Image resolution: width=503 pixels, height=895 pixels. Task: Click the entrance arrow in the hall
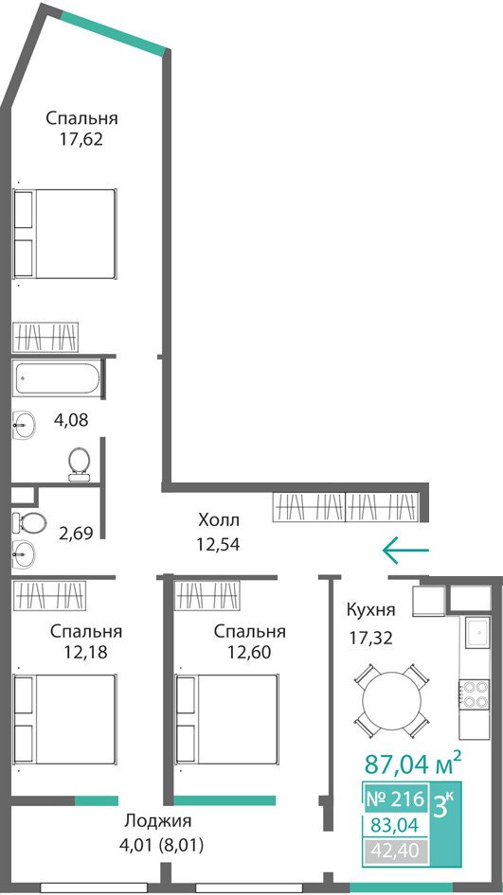coord(405,550)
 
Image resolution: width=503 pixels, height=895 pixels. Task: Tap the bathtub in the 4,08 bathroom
coord(57,377)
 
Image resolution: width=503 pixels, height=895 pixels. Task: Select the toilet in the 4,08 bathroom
coord(79,464)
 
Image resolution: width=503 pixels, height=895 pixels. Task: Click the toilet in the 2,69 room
coord(29,521)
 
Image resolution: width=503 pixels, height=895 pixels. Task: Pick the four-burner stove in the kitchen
coord(475,694)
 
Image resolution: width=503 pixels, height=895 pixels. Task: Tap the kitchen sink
coord(477,632)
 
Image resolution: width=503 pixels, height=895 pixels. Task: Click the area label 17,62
coord(82,139)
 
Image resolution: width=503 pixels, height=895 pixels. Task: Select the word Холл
coord(219,520)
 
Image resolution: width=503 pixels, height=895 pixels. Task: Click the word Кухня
coord(371,609)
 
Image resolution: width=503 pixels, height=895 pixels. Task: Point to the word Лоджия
coord(158,822)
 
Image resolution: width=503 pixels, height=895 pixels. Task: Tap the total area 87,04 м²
coord(413,763)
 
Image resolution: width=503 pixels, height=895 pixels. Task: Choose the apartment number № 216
coord(394,798)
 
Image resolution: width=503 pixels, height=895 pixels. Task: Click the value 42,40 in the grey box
coord(394,851)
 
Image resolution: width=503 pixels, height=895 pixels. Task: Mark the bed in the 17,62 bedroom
coord(65,234)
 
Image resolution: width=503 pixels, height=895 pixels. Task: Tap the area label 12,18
coord(86,652)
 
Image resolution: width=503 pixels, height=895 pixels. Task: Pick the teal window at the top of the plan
coord(112,30)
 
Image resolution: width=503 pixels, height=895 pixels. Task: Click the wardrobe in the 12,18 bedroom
coord(49,595)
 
